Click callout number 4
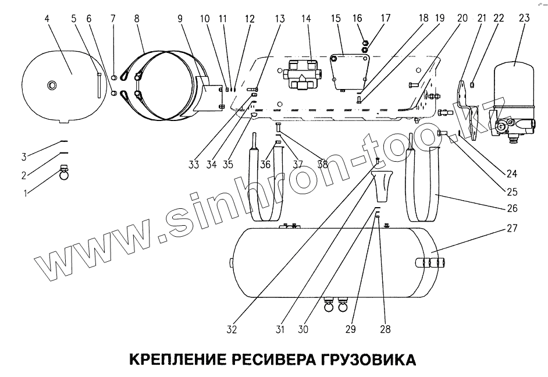click(46, 17)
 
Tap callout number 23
click(524, 17)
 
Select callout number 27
click(512, 228)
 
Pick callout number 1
click(24, 193)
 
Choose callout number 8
click(136, 17)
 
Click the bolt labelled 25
click(443, 133)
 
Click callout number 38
click(323, 165)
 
